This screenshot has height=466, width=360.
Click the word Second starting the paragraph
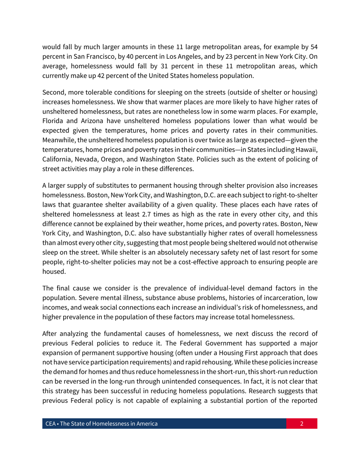pyautogui.click(x=53, y=92)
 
